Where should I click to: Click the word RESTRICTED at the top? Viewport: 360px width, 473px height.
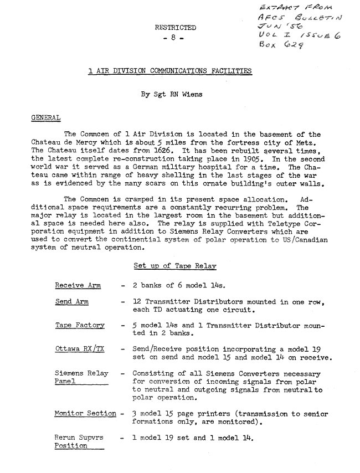tap(176, 27)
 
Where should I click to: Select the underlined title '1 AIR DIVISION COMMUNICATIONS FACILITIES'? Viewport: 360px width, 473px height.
tap(170, 71)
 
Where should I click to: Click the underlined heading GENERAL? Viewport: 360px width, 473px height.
tap(46, 117)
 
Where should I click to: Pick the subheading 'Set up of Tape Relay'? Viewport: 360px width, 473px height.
tap(171, 266)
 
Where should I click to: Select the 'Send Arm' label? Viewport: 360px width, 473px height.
tap(71, 302)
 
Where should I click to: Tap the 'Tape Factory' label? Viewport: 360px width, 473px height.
tap(79, 326)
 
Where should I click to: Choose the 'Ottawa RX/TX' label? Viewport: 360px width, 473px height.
tap(79, 349)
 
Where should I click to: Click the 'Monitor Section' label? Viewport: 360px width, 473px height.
tap(85, 414)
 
